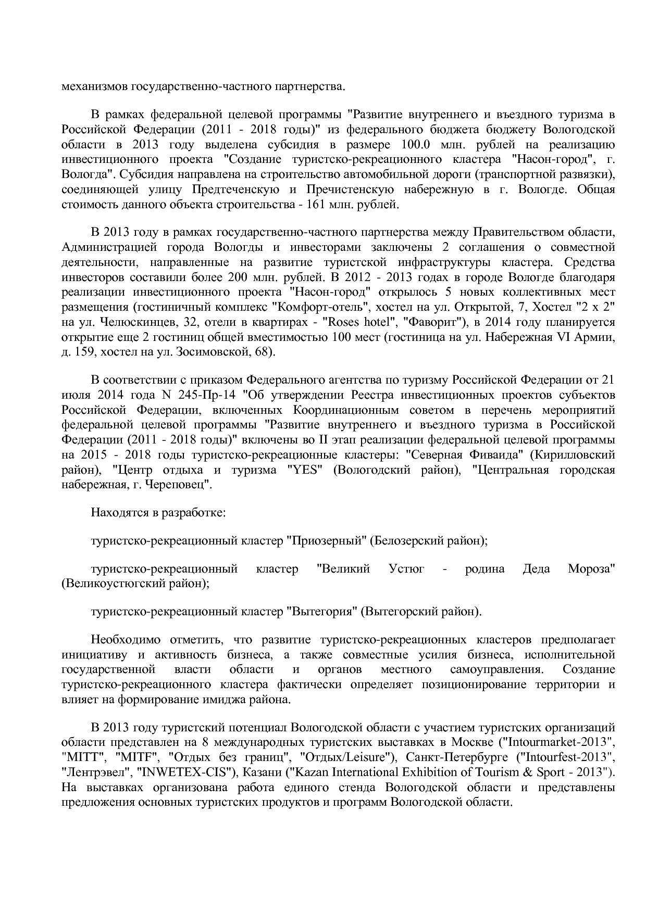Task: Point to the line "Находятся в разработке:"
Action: (x=158, y=513)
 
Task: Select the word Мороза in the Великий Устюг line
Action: (x=591, y=568)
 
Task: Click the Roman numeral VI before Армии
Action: (x=565, y=337)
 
